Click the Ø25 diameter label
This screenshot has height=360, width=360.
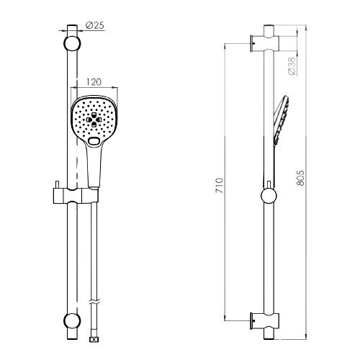pos(95,25)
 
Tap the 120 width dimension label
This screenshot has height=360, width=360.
pos(94,82)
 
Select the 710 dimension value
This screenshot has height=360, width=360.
pos(220,185)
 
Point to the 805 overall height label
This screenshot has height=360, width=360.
pos(300,178)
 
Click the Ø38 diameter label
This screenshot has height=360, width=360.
pos(292,66)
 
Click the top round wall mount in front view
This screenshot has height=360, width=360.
pos(72,43)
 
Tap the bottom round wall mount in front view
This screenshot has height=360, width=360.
pos(72,320)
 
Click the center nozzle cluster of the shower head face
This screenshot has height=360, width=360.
pos(94,119)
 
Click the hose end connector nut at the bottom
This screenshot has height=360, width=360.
pos(94,339)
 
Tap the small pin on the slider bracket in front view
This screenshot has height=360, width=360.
pos(58,184)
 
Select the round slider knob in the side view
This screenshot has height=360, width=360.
pos(269,196)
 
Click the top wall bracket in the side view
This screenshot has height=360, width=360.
pos(264,43)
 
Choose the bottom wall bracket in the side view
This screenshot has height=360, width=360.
pos(264,321)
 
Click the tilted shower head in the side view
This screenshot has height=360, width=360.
pos(282,120)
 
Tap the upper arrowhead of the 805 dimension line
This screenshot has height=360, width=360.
pos(305,27)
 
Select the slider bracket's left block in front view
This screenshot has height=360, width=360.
pos(58,196)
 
